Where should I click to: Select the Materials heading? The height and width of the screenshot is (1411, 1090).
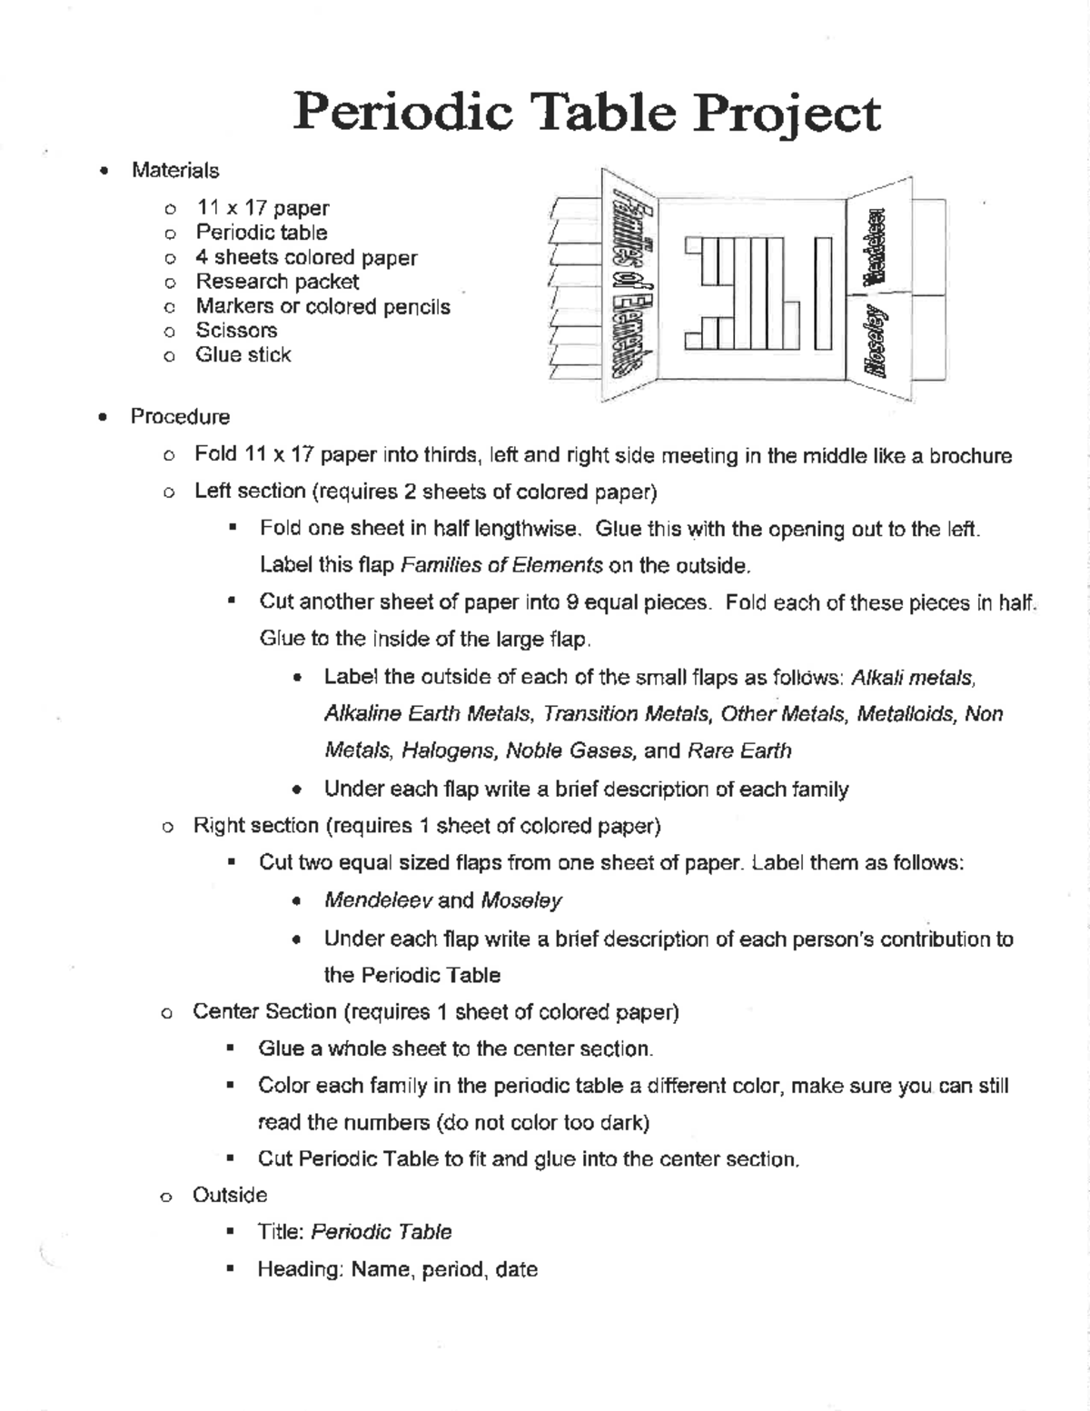pos(175,171)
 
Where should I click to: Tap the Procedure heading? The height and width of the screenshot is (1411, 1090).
pos(180,417)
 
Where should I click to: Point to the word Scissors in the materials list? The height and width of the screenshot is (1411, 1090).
pos(236,331)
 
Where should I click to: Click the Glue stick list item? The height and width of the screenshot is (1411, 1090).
pos(243,355)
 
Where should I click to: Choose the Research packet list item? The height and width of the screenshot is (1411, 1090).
pos(277,282)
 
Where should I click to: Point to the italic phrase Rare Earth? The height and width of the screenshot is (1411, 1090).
pos(739,751)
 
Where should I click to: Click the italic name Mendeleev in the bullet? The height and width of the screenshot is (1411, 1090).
pos(378,900)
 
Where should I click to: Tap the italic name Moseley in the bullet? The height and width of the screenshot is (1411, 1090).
pos(520,900)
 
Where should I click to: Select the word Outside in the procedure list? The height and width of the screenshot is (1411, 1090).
pos(230,1196)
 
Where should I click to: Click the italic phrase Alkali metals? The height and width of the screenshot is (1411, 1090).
pos(912,678)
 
